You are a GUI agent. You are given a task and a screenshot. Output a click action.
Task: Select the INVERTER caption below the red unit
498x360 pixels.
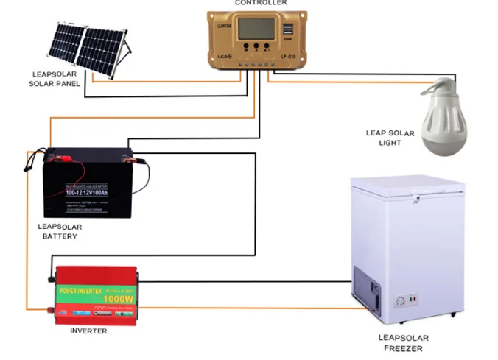click(x=88, y=331)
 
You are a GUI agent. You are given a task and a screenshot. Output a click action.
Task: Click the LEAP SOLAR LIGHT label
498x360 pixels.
click(x=390, y=138)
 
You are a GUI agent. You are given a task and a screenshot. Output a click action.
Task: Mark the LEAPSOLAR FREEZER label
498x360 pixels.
click(x=403, y=343)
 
